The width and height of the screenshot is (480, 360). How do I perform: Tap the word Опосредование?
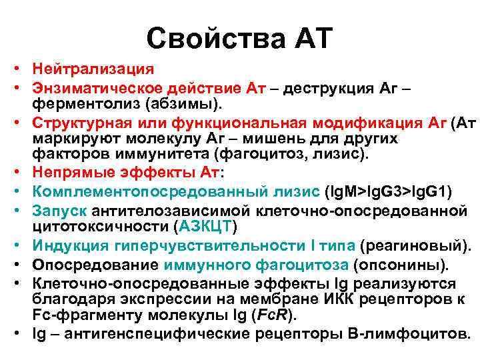(87, 265)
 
